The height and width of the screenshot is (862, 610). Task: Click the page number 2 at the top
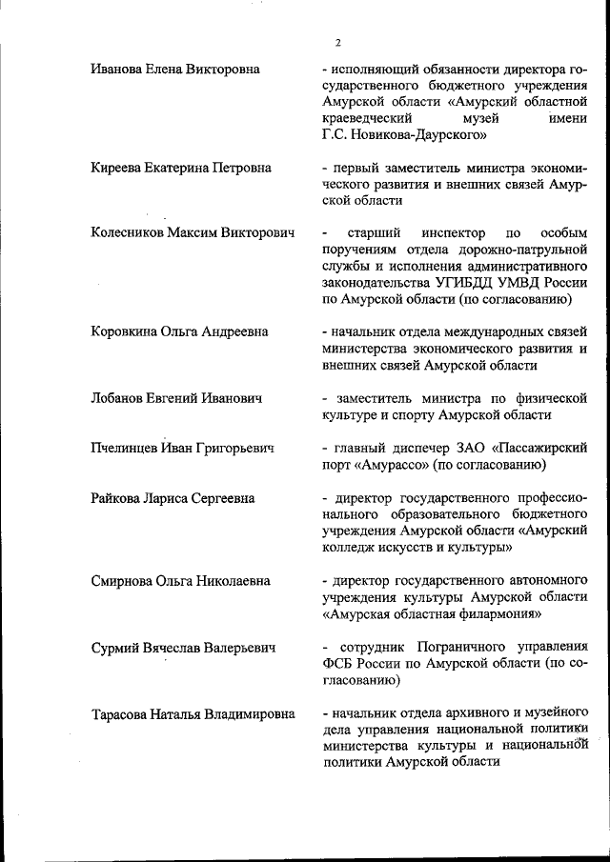[338, 43]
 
